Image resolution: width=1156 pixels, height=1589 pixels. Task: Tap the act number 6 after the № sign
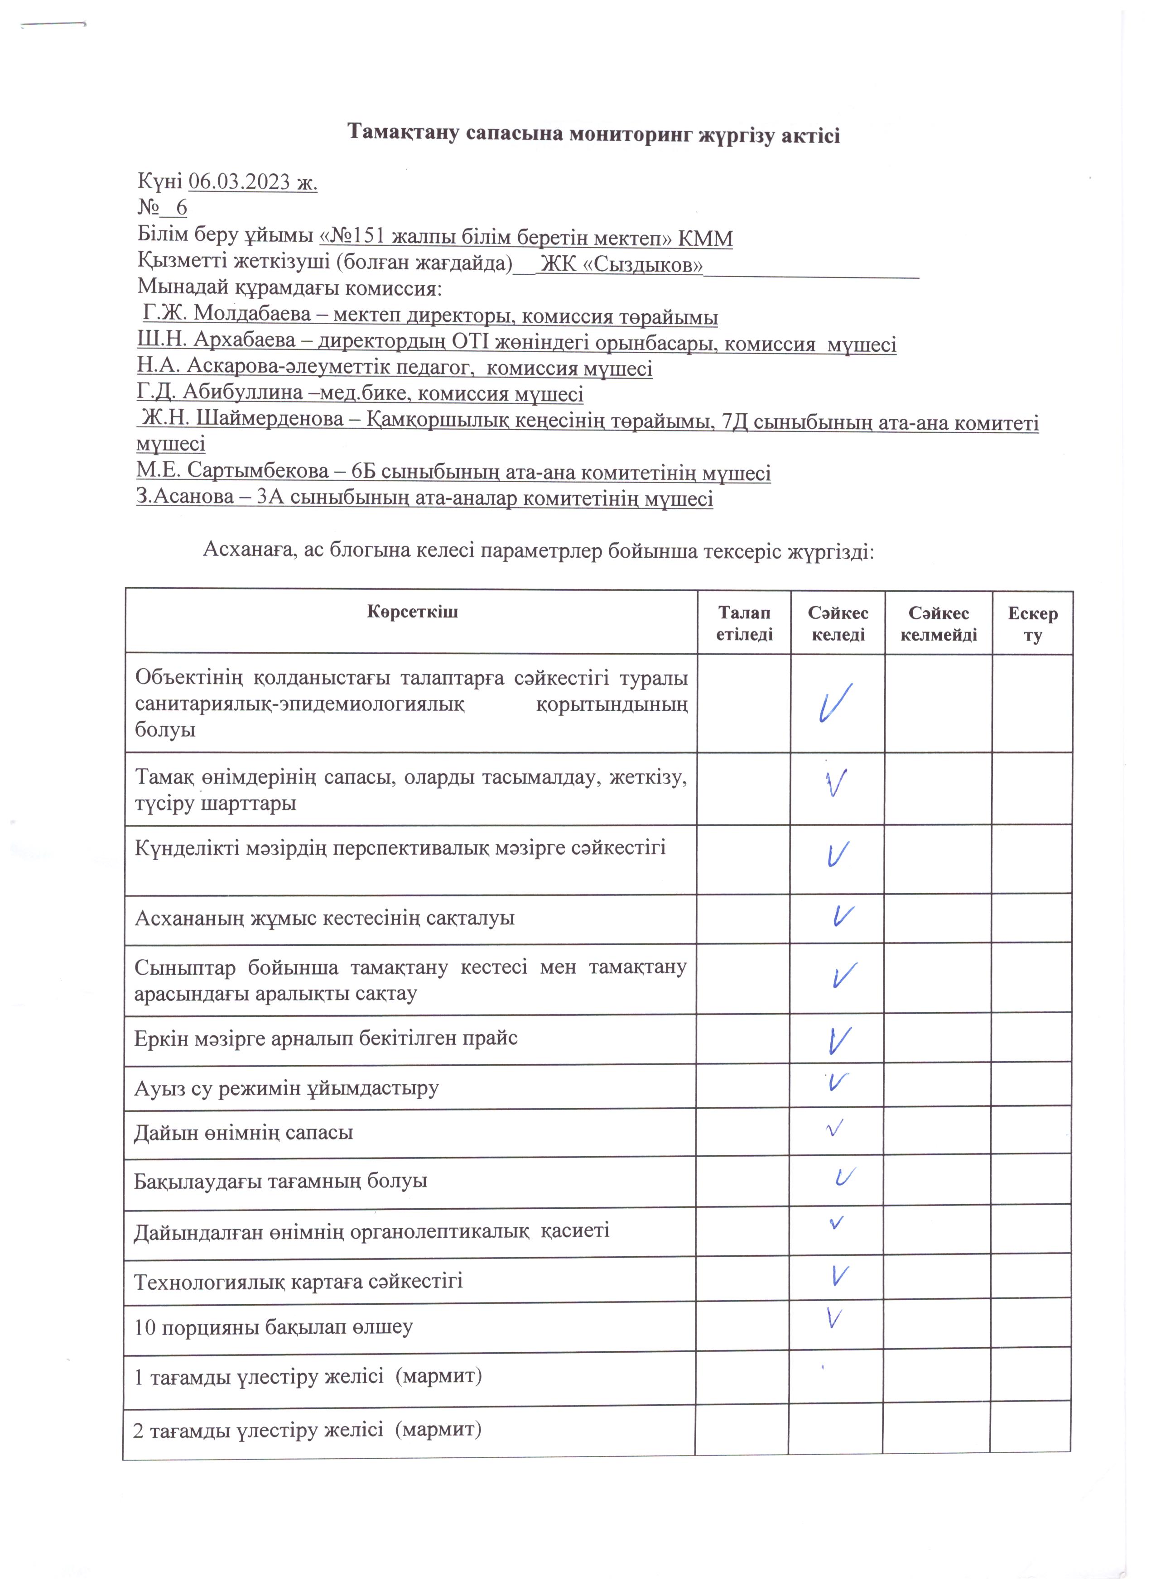182,208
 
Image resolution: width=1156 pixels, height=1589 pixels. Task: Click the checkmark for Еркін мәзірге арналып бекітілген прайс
838,1040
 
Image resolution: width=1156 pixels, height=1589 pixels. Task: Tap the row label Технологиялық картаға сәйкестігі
298,1282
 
